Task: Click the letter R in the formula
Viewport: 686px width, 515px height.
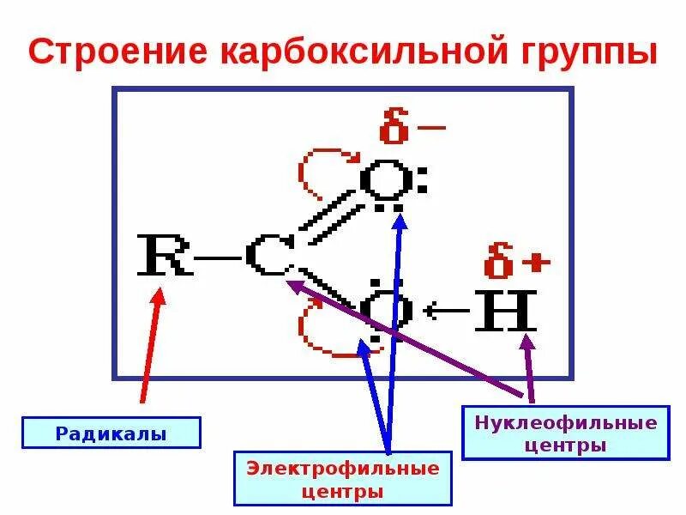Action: point(165,256)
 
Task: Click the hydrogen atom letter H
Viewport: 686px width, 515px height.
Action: point(508,309)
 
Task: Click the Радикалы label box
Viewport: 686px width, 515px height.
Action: point(111,433)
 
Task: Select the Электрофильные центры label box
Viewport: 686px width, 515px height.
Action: point(343,480)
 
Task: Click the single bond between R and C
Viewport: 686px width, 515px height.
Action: point(217,257)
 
